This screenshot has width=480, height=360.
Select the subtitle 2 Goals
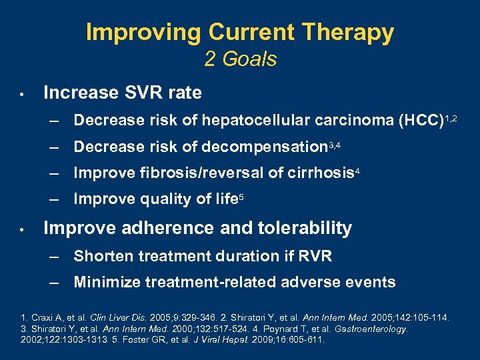click(x=240, y=59)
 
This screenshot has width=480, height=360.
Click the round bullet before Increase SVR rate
click(x=22, y=94)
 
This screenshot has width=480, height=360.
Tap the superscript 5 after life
click(x=241, y=195)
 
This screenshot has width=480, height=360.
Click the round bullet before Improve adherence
click(x=22, y=229)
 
